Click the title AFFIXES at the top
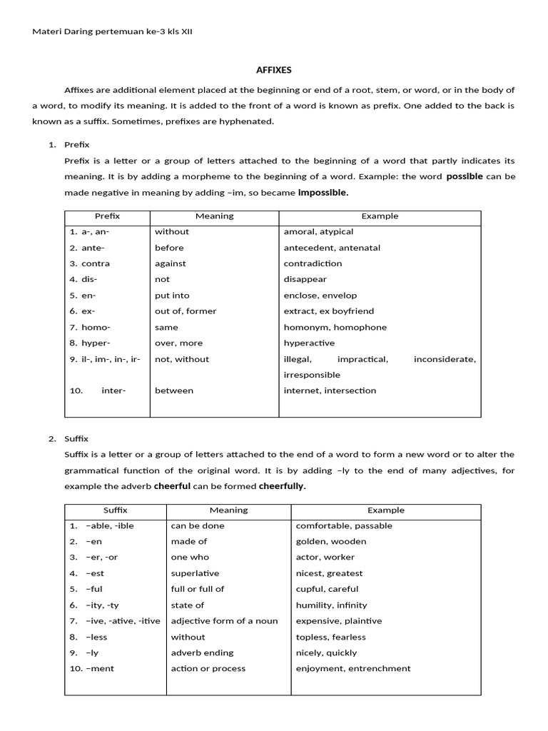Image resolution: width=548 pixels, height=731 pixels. point(274,70)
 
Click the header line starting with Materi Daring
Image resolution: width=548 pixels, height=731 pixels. point(113,31)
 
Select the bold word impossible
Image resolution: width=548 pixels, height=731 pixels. point(323,193)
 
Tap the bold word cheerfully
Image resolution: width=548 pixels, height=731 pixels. point(283,486)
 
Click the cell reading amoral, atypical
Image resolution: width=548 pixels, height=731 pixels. point(318,232)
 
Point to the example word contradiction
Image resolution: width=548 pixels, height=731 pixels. point(313,263)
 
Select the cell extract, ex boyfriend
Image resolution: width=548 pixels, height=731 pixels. point(329,311)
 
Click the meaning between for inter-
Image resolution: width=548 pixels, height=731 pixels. point(174,390)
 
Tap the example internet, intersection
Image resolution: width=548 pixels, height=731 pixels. point(330,390)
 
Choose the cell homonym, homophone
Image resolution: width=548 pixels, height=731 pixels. point(335,327)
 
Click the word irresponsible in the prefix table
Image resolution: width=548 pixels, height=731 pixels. point(312,375)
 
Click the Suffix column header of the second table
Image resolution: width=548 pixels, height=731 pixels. point(116,510)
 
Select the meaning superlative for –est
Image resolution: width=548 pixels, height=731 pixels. point(195,573)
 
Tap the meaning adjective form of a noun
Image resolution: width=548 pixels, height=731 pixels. point(224,621)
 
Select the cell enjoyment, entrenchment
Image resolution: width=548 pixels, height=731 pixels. point(353,669)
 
